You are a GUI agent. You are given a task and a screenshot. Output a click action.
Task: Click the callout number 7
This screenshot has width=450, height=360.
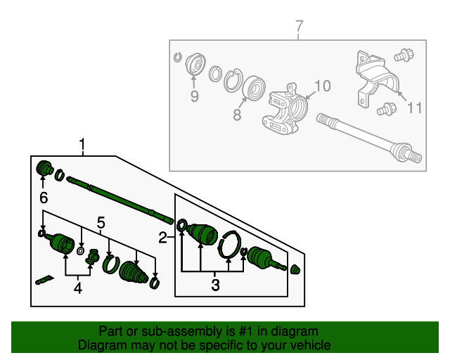[300, 26]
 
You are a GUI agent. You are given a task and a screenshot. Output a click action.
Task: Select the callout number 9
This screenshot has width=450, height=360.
[194, 96]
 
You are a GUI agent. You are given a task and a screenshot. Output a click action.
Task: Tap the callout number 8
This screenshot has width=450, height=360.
[237, 113]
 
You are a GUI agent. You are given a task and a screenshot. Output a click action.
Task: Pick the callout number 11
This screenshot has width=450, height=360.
[415, 108]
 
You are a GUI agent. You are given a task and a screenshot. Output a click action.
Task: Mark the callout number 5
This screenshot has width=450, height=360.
[101, 223]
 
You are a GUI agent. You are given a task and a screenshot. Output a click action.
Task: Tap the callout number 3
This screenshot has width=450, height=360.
[215, 285]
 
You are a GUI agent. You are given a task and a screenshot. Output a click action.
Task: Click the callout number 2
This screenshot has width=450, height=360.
[162, 238]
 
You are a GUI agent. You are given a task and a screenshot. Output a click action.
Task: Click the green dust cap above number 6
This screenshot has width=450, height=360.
[45, 169]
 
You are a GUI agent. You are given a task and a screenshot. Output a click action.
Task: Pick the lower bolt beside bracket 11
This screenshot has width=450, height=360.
[385, 109]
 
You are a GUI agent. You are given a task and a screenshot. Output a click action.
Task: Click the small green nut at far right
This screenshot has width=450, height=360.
[295, 269]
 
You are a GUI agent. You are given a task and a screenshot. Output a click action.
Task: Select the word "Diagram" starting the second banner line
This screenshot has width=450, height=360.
[98, 345]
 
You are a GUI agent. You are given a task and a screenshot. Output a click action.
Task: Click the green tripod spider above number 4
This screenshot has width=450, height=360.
[91, 260]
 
